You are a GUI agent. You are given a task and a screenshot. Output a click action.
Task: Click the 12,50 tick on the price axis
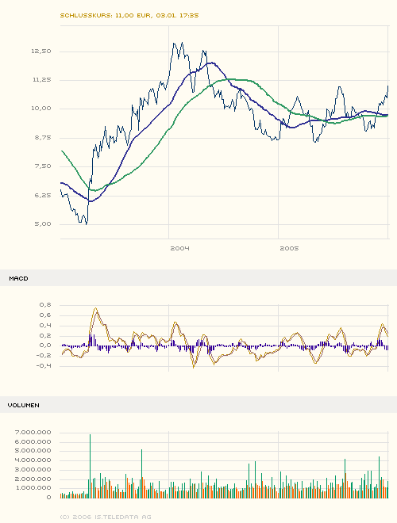[x=40, y=51]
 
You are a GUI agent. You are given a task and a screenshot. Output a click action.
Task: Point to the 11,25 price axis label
[x=40, y=80]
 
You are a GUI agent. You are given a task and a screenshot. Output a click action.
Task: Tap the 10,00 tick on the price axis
[x=40, y=109]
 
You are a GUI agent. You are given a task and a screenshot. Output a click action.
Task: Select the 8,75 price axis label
[x=42, y=138]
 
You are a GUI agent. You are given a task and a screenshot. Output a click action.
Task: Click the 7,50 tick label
[x=42, y=166]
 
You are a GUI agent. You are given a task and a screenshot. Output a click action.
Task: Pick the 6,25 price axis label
[x=42, y=196]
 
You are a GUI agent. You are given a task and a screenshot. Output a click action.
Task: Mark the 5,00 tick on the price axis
[x=42, y=224]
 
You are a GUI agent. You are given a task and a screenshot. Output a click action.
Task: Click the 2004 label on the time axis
[x=179, y=248]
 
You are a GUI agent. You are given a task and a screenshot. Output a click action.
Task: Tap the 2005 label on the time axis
[x=289, y=248]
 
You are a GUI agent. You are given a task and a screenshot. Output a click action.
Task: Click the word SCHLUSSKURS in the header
[x=85, y=15]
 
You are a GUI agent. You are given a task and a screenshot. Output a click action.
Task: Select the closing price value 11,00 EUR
[x=133, y=15]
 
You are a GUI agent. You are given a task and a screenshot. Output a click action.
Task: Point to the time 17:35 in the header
[x=188, y=15]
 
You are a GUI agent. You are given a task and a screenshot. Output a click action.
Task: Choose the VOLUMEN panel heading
[x=24, y=405]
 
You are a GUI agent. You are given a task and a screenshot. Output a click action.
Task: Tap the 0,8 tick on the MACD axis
[x=44, y=304]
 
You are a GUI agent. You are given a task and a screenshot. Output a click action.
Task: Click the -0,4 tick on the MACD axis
[x=44, y=366]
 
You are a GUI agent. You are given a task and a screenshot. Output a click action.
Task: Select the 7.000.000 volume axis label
[x=33, y=432]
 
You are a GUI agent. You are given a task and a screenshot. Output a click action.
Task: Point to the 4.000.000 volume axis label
[x=33, y=460]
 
